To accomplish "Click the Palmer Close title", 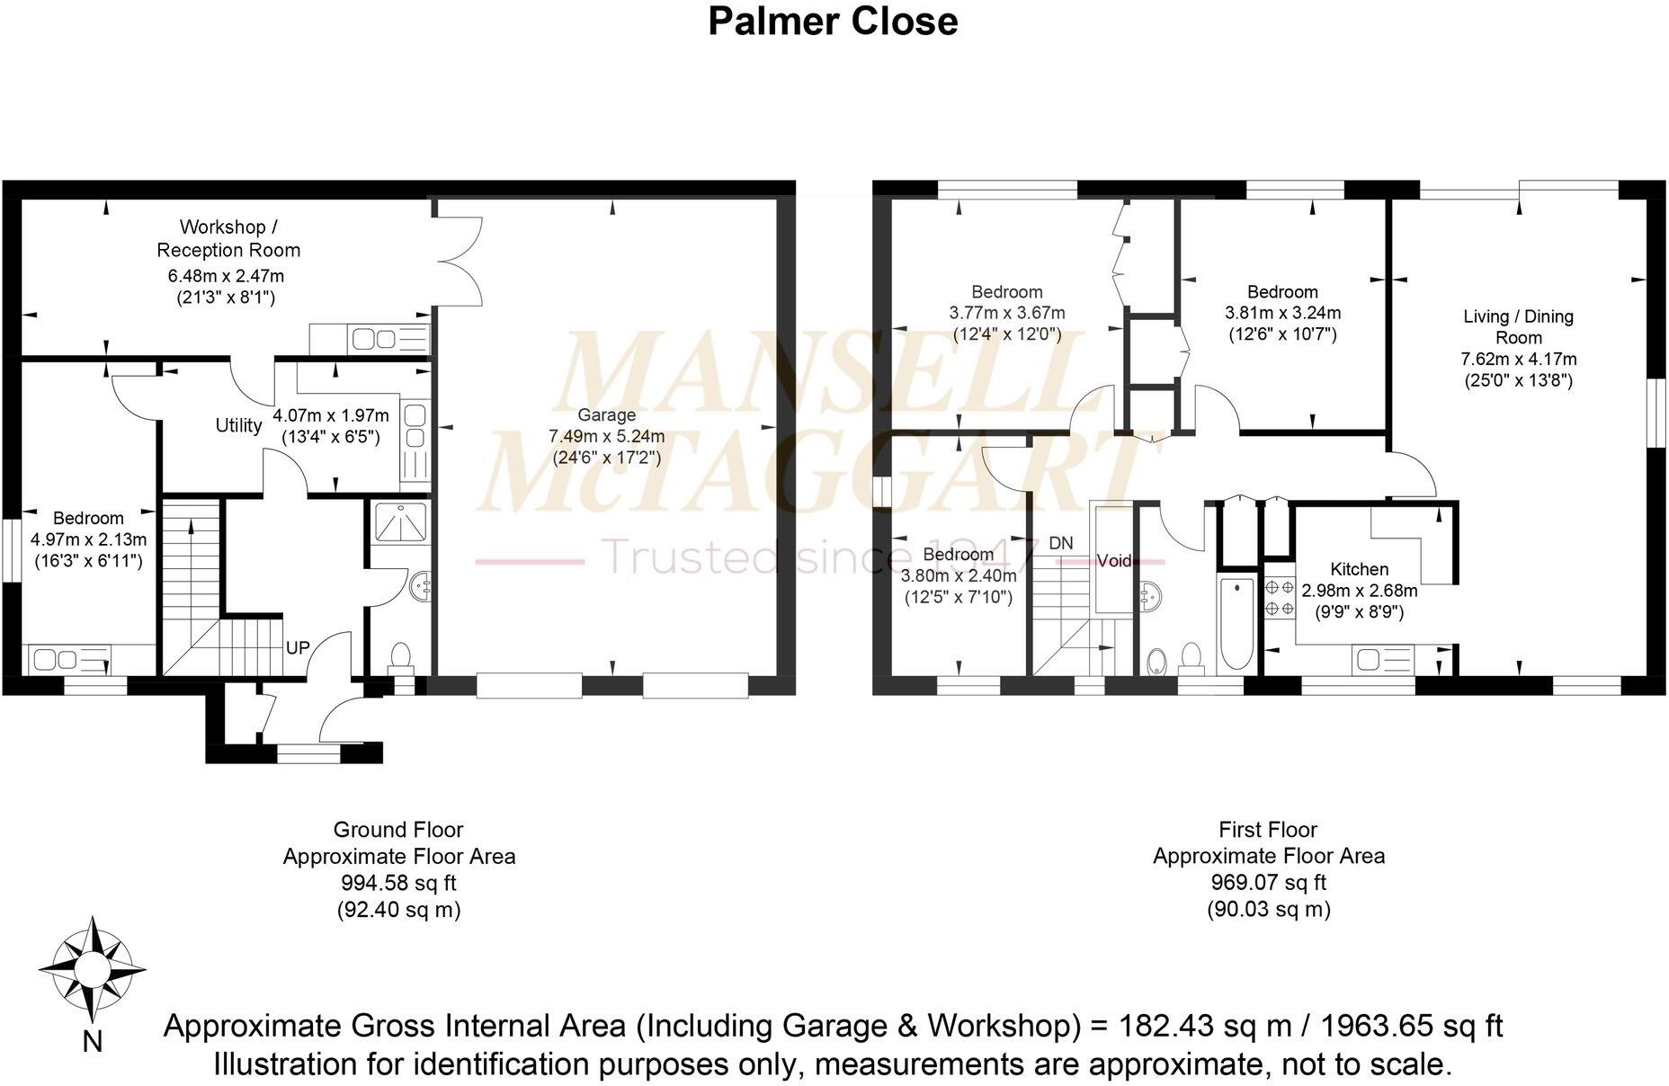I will (833, 22).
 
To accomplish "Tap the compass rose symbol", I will (92, 969).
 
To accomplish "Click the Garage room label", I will (606, 414).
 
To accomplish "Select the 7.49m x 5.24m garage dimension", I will (606, 436).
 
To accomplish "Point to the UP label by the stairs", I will (298, 647).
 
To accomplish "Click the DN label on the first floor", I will (1061, 543).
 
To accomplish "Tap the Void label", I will (1114, 561).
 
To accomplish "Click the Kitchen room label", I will (1359, 569).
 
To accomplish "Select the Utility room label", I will (238, 425).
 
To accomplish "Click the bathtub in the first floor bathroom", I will (1236, 622).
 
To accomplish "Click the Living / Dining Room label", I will (1518, 326).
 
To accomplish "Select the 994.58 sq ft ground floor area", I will (398, 883).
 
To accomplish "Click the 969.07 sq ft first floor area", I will (1268, 883).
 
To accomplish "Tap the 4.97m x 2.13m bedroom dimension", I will (88, 539).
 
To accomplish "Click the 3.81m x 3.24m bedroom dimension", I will (1282, 313).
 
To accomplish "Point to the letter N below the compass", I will (92, 1042).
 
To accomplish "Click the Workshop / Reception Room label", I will (228, 238).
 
